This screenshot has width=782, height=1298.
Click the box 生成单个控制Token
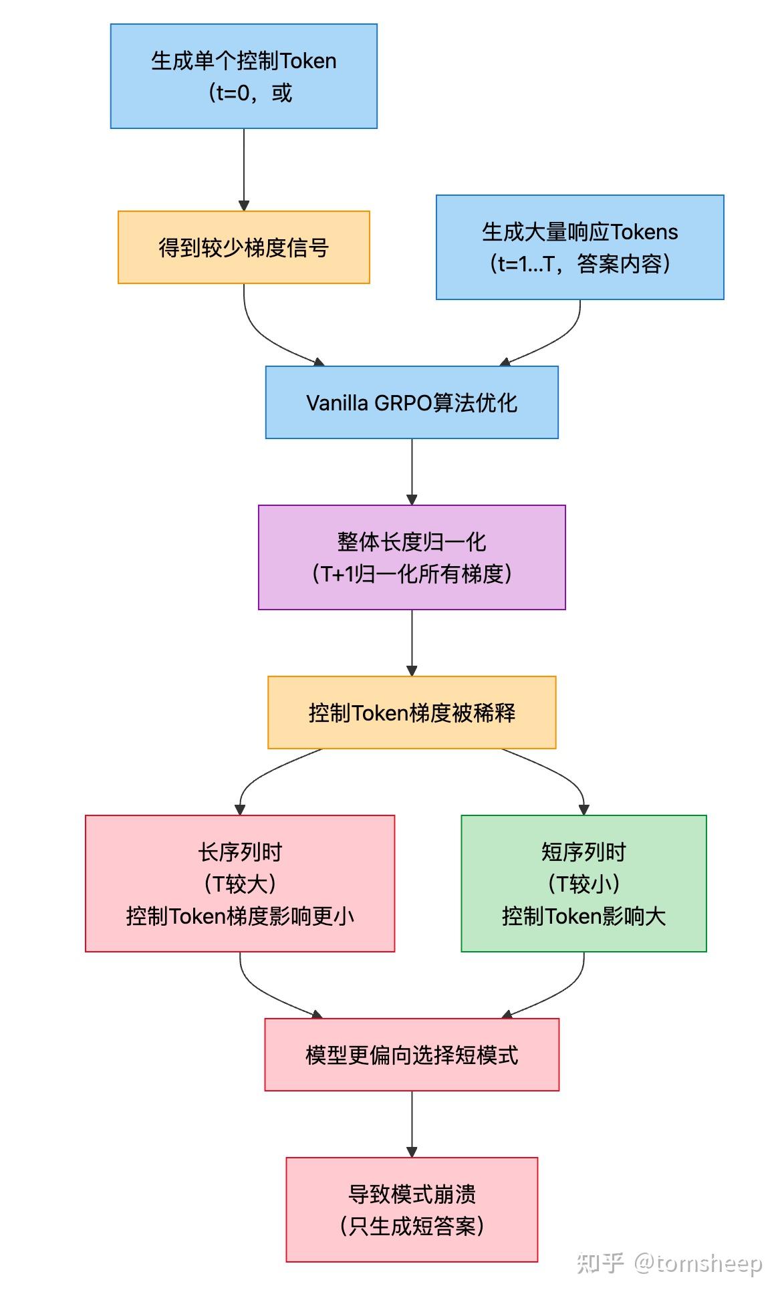(243, 76)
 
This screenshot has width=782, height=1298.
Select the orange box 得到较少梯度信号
(243, 247)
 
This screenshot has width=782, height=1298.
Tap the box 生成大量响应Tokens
(579, 247)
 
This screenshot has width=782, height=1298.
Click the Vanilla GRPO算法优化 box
(412, 402)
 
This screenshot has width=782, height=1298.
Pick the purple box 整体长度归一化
(412, 557)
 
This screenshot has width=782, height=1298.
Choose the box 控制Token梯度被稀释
(412, 712)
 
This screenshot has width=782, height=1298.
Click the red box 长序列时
(240, 883)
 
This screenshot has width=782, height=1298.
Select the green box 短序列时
(583, 883)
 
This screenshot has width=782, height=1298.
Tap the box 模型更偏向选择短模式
(412, 1055)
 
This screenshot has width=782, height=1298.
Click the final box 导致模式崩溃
(412, 1209)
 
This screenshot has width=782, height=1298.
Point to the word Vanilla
(337, 403)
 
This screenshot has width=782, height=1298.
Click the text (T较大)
(240, 884)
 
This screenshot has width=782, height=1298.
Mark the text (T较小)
(583, 884)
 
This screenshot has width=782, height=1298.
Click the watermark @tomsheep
(698, 1263)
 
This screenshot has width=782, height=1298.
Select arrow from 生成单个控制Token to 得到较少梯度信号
(243, 170)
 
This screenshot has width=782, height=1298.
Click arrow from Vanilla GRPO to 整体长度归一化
(412, 471)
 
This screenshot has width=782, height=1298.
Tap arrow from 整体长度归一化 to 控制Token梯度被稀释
(412, 642)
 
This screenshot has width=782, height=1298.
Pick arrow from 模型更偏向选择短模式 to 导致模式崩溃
(412, 1124)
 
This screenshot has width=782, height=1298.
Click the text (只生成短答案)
(412, 1226)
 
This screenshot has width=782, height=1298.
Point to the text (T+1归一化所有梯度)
(412, 573)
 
